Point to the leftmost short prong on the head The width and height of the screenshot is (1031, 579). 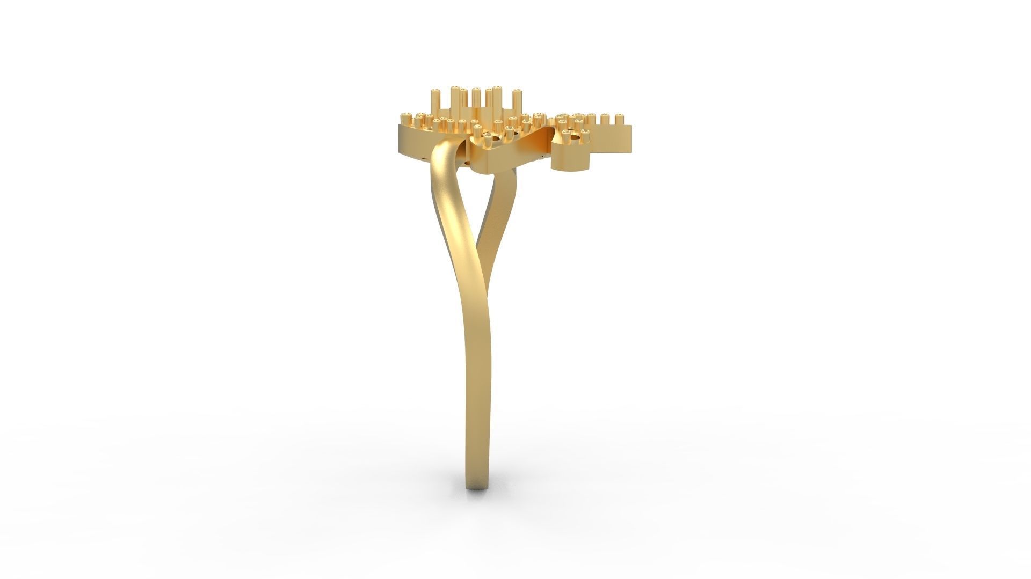[x=406, y=119]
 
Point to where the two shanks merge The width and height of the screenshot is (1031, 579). [x=478, y=301]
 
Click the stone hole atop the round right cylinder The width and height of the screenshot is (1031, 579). [x=575, y=138]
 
